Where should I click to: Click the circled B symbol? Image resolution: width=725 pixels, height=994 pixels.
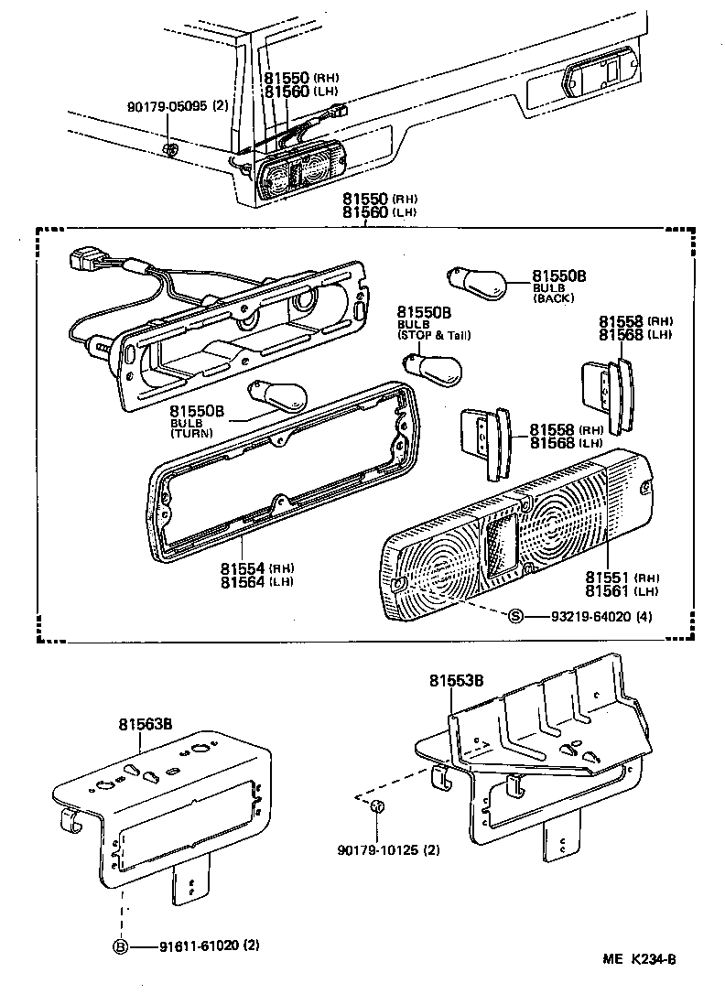[x=120, y=947]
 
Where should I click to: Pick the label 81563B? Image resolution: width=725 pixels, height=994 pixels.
[x=145, y=724]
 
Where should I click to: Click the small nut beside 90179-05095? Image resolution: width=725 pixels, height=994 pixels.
[x=170, y=148]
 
